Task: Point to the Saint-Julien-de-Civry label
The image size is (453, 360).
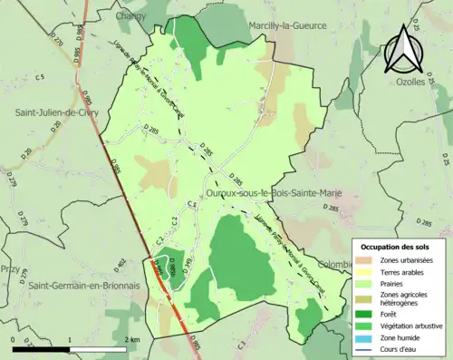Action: pos(56,112)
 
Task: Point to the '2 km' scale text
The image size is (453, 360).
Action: pos(135,339)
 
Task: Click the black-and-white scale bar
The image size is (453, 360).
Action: pos(67,347)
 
